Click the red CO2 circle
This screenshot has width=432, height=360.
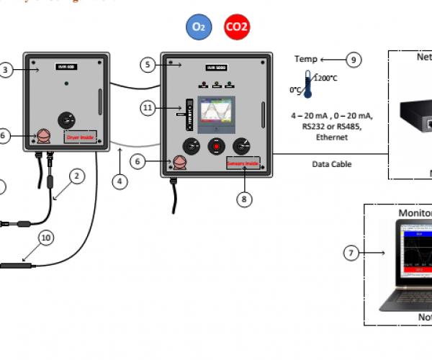pyautogui.click(x=237, y=27)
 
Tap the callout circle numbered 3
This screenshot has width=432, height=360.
pyautogui.click(x=6, y=70)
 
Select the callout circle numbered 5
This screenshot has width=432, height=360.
pyautogui.click(x=148, y=65)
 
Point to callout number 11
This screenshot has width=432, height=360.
pyautogui.click(x=148, y=108)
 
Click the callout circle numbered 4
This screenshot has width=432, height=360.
pyautogui.click(x=120, y=182)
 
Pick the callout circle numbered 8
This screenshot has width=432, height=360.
pyautogui.click(x=246, y=199)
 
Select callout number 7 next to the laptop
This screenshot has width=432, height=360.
pyautogui.click(x=351, y=253)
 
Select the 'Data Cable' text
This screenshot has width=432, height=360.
pyautogui.click(x=331, y=164)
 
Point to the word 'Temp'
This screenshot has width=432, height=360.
pyautogui.click(x=305, y=59)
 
